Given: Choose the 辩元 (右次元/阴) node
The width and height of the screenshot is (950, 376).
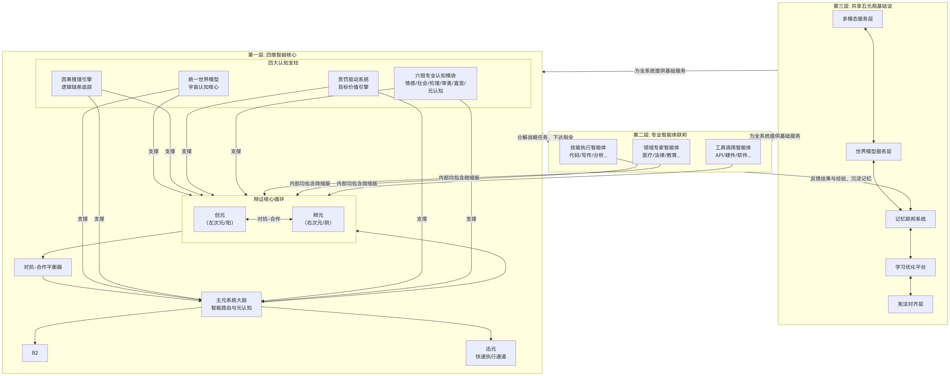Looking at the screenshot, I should click(318, 219).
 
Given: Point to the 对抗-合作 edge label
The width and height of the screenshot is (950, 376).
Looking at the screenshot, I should click(269, 219).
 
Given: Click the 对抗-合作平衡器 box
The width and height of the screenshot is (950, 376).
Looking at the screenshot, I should click(43, 267).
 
